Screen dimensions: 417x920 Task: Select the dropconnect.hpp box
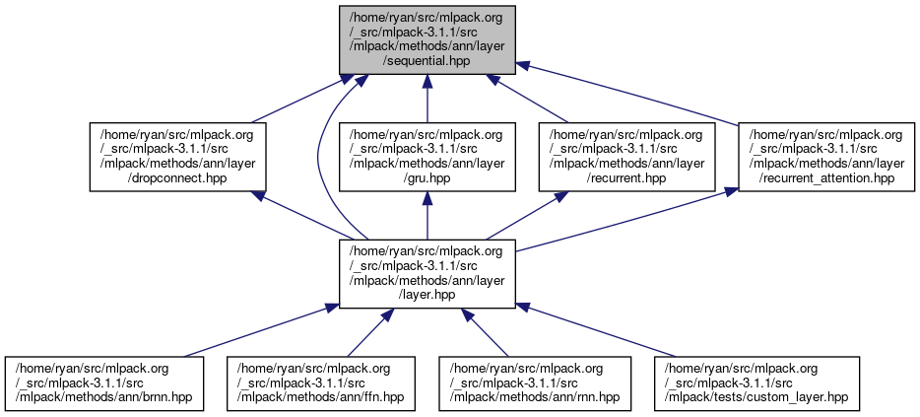(x=177, y=156)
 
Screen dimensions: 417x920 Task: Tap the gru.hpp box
(x=427, y=156)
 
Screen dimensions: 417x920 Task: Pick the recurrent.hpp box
(x=626, y=156)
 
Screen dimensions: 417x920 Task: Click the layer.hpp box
(x=427, y=272)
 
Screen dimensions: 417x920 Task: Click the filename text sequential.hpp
(x=426, y=60)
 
